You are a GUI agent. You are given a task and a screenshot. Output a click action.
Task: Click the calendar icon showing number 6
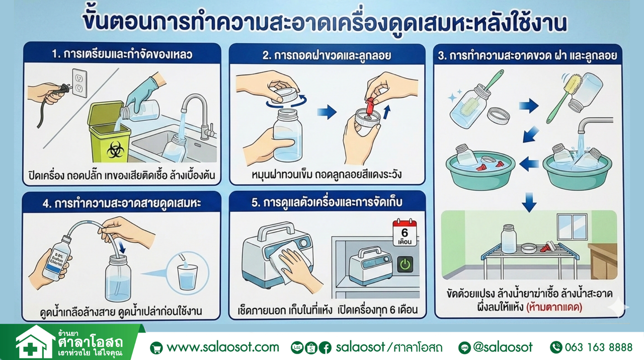(x=405, y=233)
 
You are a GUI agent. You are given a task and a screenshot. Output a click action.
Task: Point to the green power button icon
(x=405, y=264)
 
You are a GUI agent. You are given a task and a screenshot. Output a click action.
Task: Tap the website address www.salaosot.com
(x=222, y=347)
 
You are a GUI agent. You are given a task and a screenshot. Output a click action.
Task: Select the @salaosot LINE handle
(x=502, y=347)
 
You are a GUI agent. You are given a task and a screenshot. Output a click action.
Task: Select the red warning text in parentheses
(x=554, y=307)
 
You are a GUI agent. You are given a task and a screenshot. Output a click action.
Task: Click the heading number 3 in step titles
(x=441, y=55)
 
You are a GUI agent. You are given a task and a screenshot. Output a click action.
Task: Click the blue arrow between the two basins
(x=529, y=164)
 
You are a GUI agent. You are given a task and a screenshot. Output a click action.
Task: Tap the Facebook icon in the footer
(x=325, y=347)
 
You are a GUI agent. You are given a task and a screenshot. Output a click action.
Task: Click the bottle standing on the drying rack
(x=509, y=239)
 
